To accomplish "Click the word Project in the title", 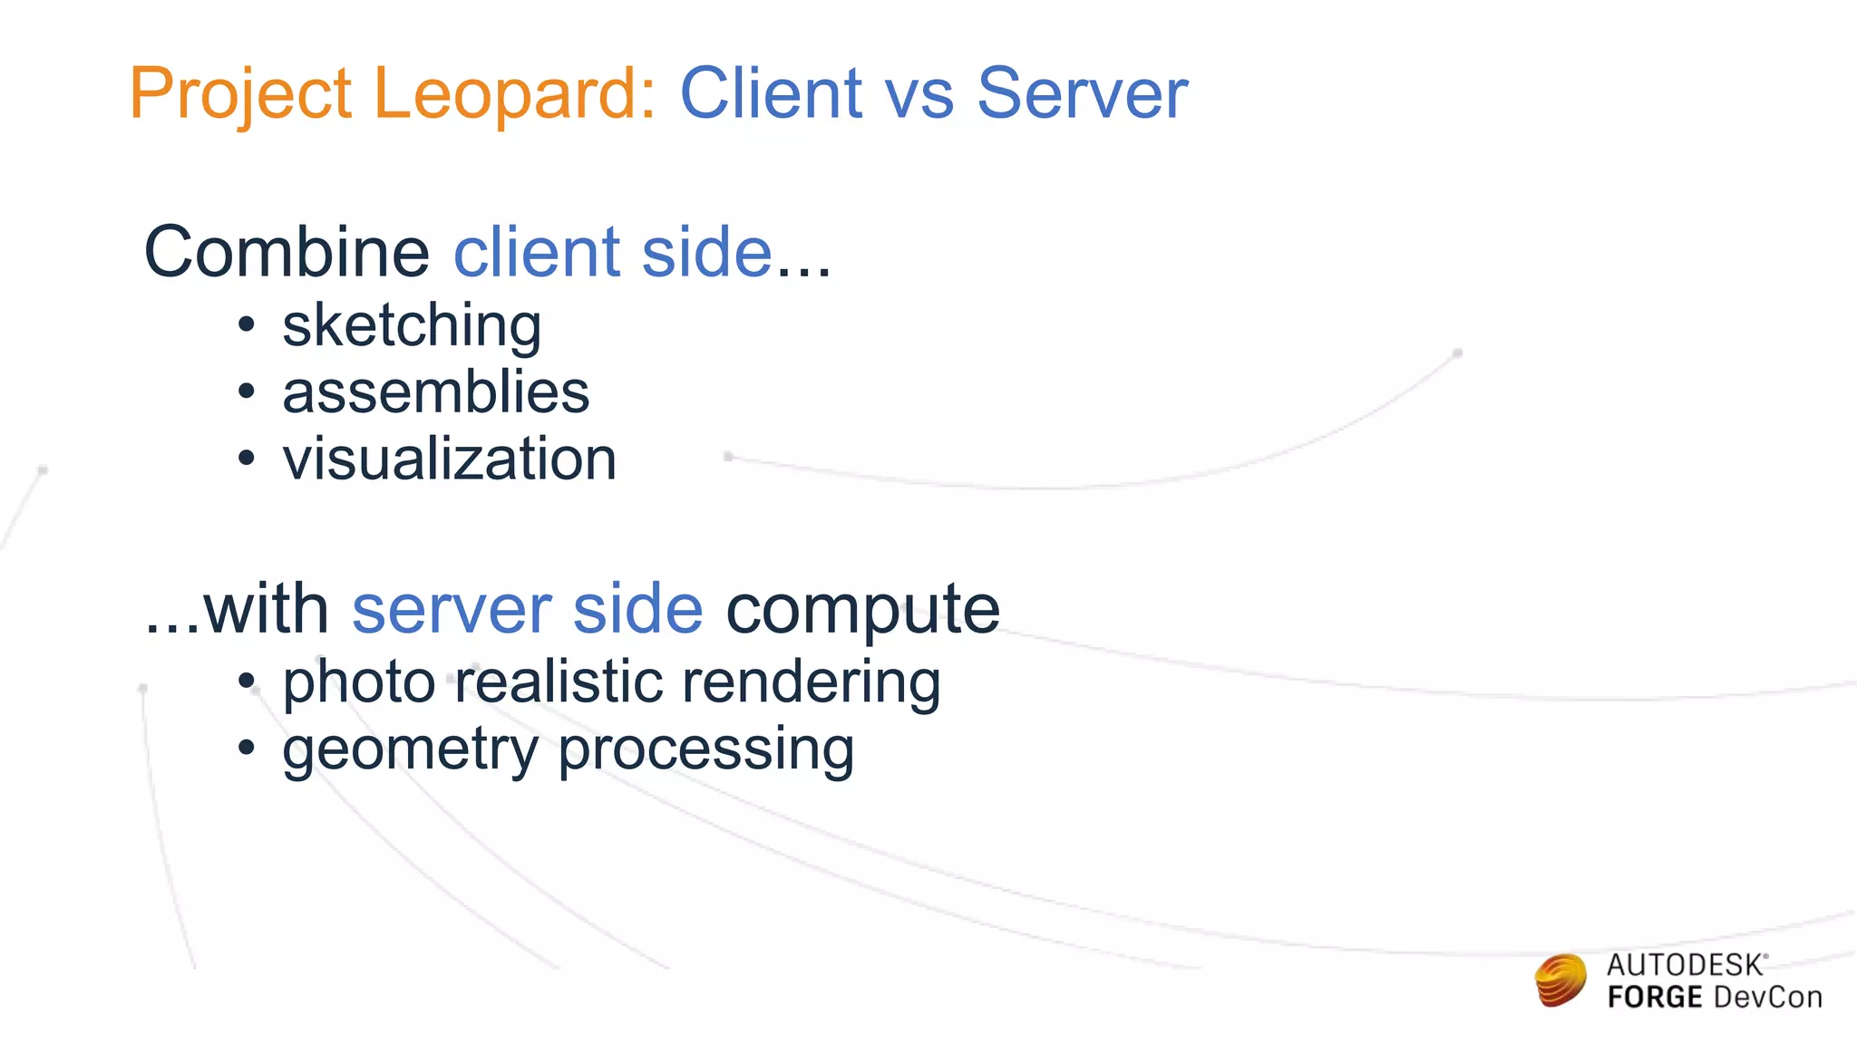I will pos(239,95).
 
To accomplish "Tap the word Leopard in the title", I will pos(513,95).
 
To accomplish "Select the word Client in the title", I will pos(771,93).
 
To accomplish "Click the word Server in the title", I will pos(1082,93).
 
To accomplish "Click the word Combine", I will pos(287,252).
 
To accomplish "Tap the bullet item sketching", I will pos(412,326).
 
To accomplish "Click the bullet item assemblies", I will pos(435,392).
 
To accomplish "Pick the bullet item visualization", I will pos(449,459).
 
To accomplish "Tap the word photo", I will pos(359,682).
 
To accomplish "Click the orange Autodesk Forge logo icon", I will pos(1560,981).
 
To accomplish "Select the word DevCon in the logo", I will pos(1767,998).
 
